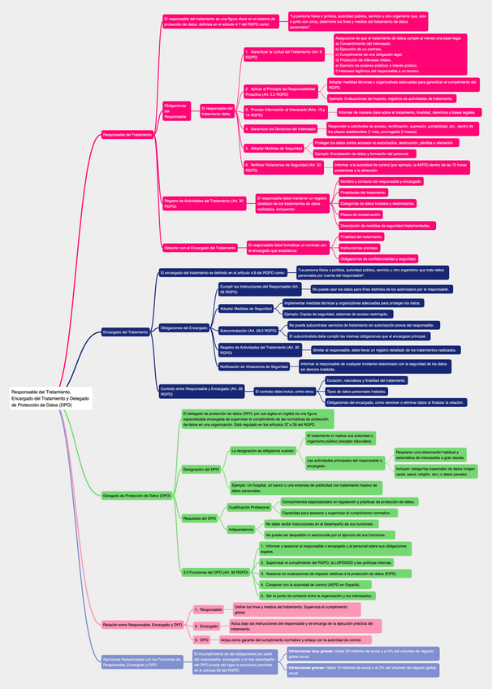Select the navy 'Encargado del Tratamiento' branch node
pyautogui.click(x=125, y=331)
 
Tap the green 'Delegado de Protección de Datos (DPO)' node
pyautogui.click(x=136, y=496)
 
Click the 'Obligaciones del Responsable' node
pyautogui.click(x=176, y=111)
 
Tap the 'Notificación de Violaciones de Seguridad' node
pyautogui.click(x=254, y=366)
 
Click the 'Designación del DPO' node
pyautogui.click(x=201, y=470)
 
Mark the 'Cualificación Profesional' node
pyautogui.click(x=248, y=507)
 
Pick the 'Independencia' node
pyautogui.click(x=241, y=530)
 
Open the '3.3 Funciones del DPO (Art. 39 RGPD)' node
pyautogui.click(x=215, y=572)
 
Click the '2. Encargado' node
pyautogui.click(x=208, y=626)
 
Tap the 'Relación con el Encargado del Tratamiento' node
pyautogui.click(x=200, y=247)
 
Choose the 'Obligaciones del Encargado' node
pyautogui.click(x=184, y=327)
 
